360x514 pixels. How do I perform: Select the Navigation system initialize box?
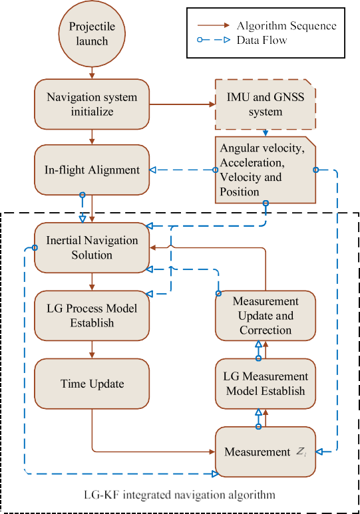pyautogui.click(x=92, y=104)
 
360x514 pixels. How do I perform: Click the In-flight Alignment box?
pyautogui.click(x=92, y=170)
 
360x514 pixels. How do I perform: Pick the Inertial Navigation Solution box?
pyautogui.click(x=92, y=247)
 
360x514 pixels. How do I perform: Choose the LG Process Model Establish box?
pyautogui.click(x=92, y=314)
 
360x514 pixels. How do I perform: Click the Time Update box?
pyautogui.click(x=92, y=384)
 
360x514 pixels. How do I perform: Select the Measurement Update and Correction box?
pyautogui.click(x=265, y=315)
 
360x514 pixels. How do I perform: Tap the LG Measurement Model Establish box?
pyautogui.click(x=265, y=384)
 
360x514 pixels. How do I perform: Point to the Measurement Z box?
pyautogui.click(x=265, y=452)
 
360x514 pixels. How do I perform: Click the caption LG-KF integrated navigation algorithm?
pyautogui.click(x=179, y=495)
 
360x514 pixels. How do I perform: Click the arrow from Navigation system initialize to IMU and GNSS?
pyautogui.click(x=178, y=104)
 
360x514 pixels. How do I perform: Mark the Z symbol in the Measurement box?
pyautogui.click(x=301, y=453)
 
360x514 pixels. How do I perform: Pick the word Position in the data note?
pyautogui.click(x=239, y=192)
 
